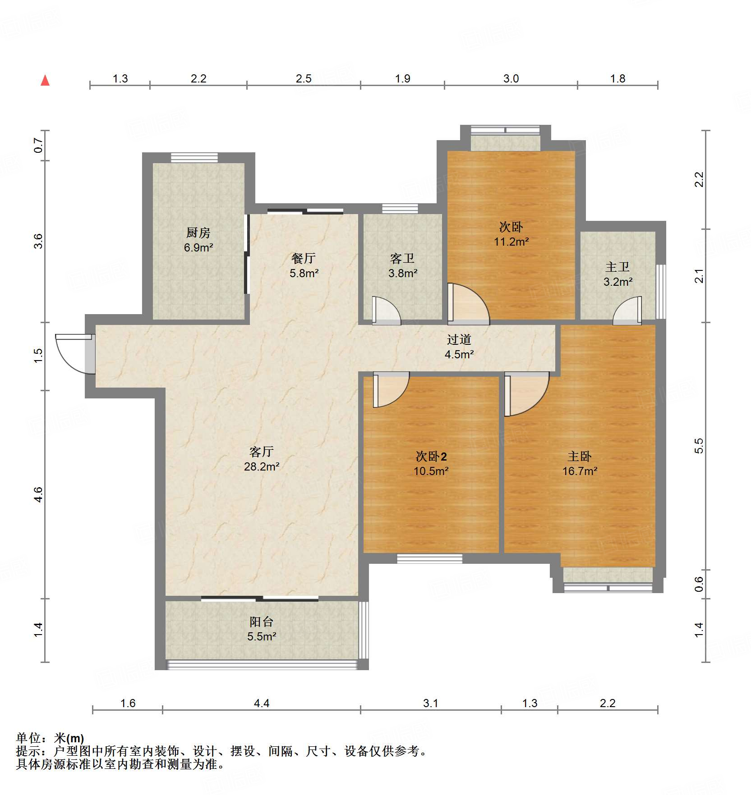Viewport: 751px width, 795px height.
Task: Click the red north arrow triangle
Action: coord(45,80)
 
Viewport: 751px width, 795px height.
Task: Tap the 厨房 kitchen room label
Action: coord(198,233)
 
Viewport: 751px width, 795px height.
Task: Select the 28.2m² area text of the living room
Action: coord(262,466)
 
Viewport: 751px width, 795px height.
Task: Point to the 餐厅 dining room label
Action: coord(304,258)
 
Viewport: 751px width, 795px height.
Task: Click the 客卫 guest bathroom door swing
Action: coord(387,310)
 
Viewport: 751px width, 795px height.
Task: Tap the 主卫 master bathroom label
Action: coord(617,267)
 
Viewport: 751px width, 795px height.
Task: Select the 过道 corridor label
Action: coord(459,339)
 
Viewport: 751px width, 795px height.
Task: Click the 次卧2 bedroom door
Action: coord(391,390)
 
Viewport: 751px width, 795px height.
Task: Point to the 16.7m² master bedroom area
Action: coord(580,471)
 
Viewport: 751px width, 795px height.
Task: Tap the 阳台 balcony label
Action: coord(262,622)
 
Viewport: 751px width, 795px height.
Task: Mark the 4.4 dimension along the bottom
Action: coord(262,703)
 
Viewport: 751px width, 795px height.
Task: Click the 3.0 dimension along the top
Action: coord(511,78)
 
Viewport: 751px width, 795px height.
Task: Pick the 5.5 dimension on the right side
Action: coord(699,446)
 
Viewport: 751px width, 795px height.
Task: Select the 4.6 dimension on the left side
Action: coord(39,494)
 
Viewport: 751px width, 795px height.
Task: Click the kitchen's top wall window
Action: coord(194,158)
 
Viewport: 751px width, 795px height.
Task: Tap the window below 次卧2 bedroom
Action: coord(429,558)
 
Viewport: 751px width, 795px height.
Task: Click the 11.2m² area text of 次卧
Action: coord(511,242)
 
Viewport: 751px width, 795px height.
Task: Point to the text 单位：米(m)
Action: coord(50,738)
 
